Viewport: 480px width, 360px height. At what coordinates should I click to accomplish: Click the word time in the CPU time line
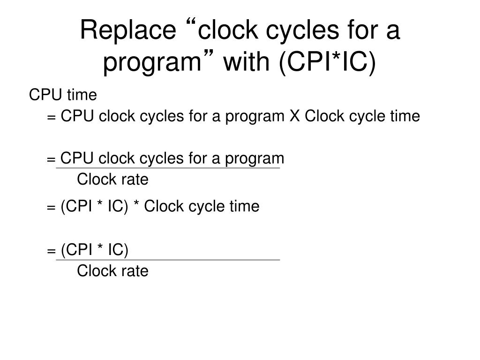point(82,95)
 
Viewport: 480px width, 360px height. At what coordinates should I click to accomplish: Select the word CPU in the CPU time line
point(46,95)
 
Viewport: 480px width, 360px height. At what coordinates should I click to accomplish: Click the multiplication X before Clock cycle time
point(294,116)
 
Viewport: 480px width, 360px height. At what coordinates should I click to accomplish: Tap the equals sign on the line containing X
point(51,117)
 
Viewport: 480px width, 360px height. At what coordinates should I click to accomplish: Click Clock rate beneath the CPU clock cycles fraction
point(112,179)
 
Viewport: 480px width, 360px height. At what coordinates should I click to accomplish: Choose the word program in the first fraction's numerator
point(255,159)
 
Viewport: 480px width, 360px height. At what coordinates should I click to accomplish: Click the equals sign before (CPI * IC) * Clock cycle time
point(51,207)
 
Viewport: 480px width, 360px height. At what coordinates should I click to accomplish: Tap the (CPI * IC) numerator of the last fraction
point(94,250)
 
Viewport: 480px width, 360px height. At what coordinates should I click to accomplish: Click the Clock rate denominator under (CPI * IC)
point(112,271)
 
